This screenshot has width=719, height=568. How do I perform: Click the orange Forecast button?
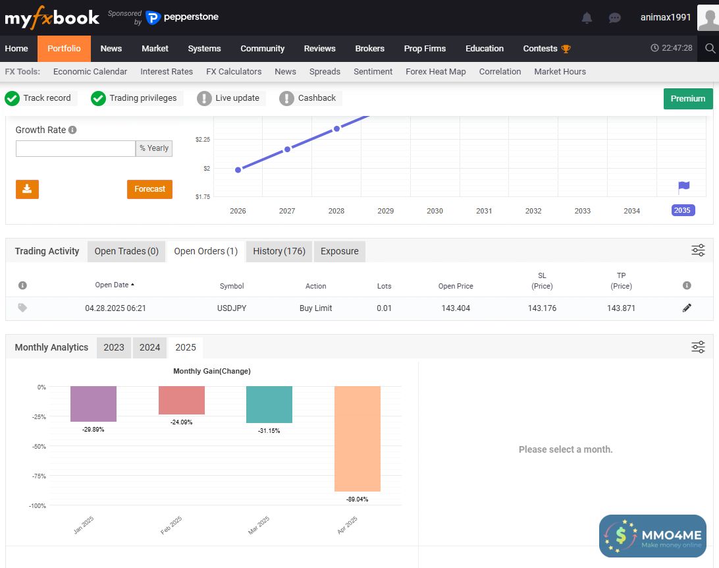(149, 189)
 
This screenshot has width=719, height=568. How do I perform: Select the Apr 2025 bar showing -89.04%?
(357, 439)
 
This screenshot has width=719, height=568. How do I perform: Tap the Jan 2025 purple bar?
(93, 404)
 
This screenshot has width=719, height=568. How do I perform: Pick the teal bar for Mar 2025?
(269, 405)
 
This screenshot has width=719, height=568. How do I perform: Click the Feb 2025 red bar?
(182, 401)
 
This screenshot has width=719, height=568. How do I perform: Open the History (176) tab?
(279, 251)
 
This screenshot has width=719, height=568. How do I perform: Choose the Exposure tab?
(339, 251)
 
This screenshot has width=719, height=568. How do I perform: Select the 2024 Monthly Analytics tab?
(149, 347)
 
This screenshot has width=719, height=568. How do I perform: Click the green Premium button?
(687, 98)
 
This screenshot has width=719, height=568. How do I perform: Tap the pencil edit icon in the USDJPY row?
(687, 308)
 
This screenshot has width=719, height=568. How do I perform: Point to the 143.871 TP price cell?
(621, 308)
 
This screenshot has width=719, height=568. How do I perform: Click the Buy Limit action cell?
(315, 308)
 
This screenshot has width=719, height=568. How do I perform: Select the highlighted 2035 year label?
(682, 211)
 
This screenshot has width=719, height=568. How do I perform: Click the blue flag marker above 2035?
(683, 187)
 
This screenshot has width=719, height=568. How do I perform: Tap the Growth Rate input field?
(75, 148)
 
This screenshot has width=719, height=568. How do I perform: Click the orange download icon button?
(27, 189)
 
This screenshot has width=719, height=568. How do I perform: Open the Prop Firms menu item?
(425, 48)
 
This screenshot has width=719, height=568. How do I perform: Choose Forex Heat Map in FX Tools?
(435, 71)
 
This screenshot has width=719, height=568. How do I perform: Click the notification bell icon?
(587, 18)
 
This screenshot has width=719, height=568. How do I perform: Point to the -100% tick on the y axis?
(38, 505)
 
